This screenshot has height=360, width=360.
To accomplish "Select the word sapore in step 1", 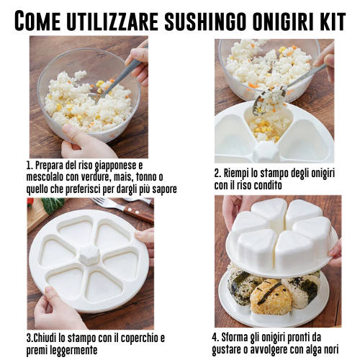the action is tap(166, 189).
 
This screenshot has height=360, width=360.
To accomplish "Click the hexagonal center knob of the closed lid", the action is tap(89, 255).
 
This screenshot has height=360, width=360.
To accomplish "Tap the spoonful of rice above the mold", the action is tap(271, 98).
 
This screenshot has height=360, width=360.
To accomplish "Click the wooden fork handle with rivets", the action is tap(139, 214).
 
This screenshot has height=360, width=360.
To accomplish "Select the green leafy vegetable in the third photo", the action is tap(53, 205).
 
